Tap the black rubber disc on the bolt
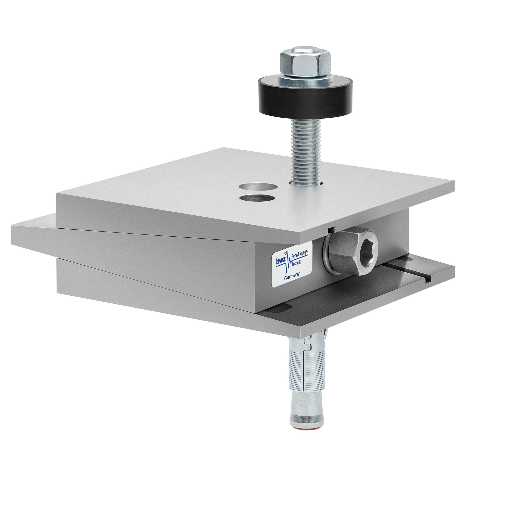coord(305,98)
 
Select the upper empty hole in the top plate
coord(256,186)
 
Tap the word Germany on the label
coord(291,276)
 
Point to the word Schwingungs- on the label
coord(300,254)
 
